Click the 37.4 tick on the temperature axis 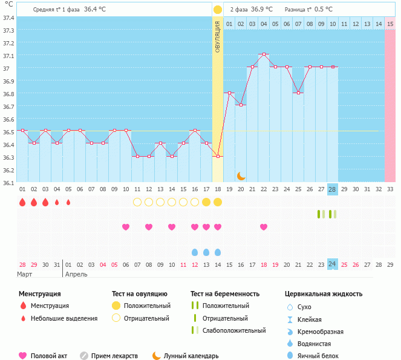tap(9, 18)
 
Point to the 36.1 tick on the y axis tap(9, 182)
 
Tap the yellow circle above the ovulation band tap(218, 10)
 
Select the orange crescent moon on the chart tap(241, 175)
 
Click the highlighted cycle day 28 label tap(332, 189)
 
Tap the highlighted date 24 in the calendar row tap(332, 264)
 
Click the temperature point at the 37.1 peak tap(264, 54)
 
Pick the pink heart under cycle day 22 tap(264, 227)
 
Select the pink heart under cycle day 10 tap(126, 227)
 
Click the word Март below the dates tap(24, 274)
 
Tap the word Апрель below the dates tap(76, 274)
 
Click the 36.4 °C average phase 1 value tap(95, 10)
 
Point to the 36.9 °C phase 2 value tap(262, 10)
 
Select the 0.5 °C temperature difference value tap(324, 10)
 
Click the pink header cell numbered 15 tap(390, 24)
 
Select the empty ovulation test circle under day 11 tap(137, 201)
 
